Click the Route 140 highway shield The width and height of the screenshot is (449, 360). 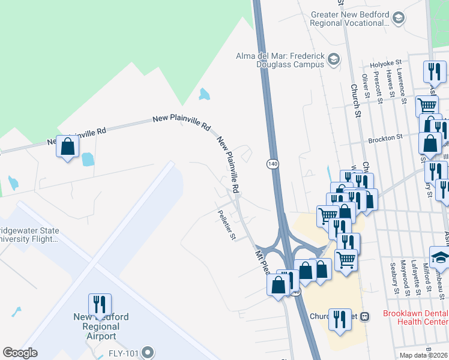click(273, 164)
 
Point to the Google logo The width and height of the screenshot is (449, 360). click(20, 353)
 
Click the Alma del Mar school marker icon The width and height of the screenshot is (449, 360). click(334, 59)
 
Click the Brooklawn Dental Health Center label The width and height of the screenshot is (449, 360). click(415, 317)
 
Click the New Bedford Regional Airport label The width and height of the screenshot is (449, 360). click(101, 326)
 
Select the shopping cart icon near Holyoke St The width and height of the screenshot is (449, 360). click(427, 106)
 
